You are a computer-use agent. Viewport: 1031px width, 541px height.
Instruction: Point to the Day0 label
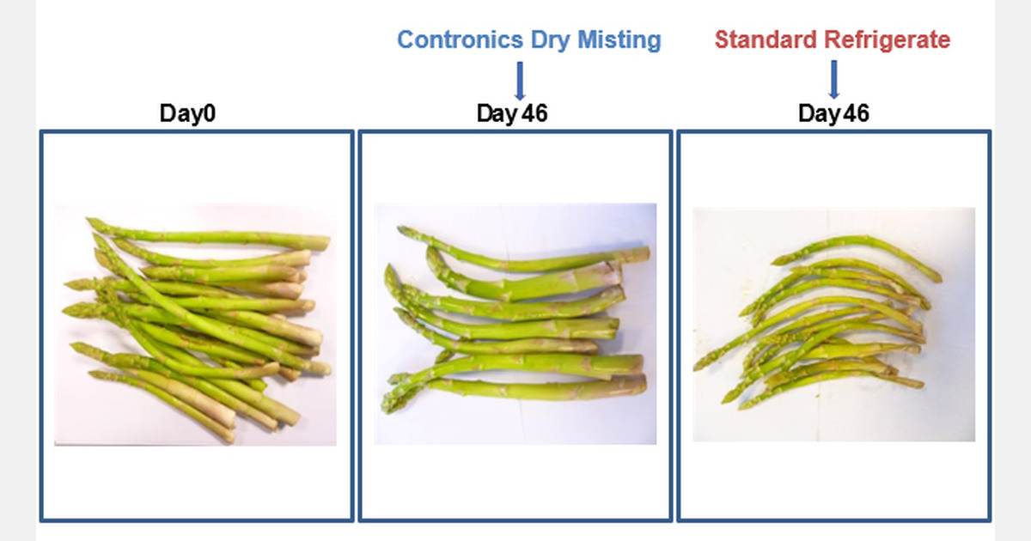[186, 113]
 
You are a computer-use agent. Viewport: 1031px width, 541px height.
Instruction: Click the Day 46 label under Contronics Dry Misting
[512, 113]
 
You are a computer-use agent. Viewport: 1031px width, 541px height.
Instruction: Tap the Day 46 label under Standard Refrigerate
[833, 113]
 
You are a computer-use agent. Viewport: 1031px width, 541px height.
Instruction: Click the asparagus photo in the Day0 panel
[195, 325]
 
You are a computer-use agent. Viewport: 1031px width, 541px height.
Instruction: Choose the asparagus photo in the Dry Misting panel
[515, 324]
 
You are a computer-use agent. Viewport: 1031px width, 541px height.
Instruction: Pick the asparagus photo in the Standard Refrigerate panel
[833, 324]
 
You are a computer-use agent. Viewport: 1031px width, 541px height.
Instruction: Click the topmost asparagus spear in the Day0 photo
[215, 235]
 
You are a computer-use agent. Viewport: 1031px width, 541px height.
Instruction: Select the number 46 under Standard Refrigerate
[856, 113]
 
